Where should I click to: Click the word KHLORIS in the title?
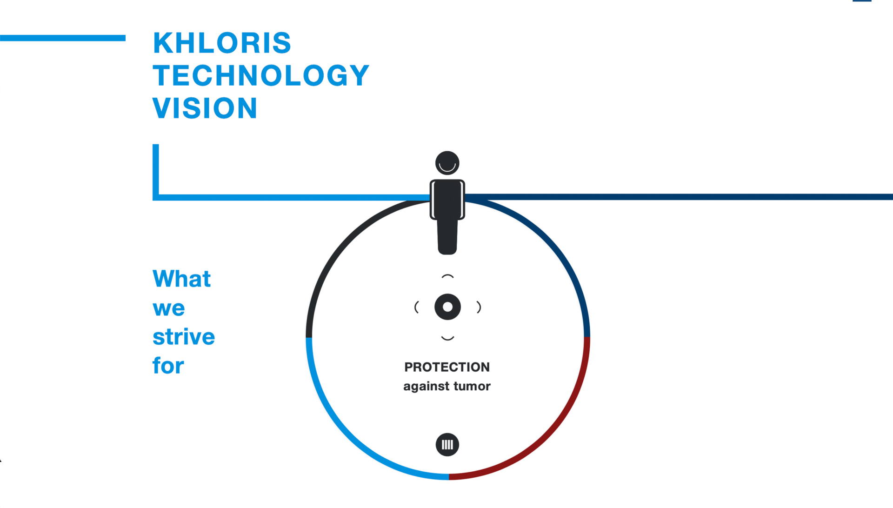[222, 43]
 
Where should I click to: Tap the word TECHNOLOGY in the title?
[261, 75]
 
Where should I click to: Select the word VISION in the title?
[205, 108]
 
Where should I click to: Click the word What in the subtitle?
[182, 279]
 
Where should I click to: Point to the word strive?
[184, 337]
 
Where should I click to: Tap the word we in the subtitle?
[169, 308]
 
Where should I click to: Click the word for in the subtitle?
[168, 366]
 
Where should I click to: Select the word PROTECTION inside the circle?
[447, 367]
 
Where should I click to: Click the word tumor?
[472, 386]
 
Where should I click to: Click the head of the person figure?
[447, 163]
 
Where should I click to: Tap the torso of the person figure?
[447, 199]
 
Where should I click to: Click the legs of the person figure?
[447, 237]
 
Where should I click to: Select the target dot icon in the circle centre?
[447, 307]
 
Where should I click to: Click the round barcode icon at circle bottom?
[447, 445]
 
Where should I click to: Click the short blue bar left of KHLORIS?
[63, 38]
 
